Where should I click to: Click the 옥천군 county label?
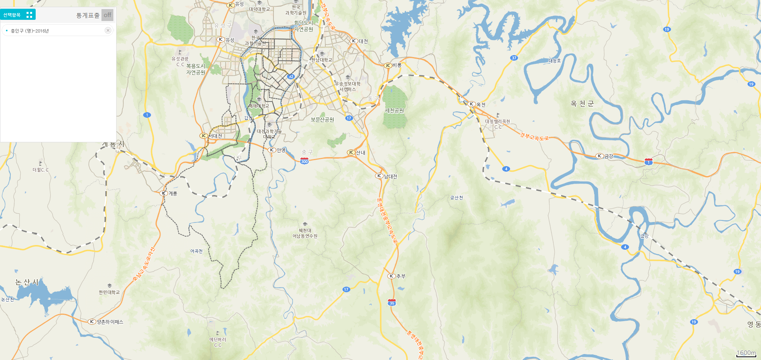point(582,104)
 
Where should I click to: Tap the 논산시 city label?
point(27,282)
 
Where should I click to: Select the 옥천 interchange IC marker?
point(472,104)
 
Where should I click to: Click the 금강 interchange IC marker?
point(600,156)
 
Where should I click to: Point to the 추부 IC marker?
point(392,276)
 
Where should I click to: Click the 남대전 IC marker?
point(379,176)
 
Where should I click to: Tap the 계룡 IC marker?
point(164,193)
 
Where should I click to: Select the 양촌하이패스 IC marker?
point(92,322)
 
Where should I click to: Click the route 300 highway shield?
point(304,161)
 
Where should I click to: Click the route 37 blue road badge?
point(514,58)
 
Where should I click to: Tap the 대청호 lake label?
point(554,61)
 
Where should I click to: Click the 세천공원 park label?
point(394,111)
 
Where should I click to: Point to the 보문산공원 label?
point(322,119)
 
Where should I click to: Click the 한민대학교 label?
point(109,292)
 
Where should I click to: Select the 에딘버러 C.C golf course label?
point(218,342)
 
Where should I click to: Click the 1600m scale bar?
point(746,354)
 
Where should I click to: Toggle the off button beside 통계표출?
point(107,15)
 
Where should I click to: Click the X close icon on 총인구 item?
point(108,31)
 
